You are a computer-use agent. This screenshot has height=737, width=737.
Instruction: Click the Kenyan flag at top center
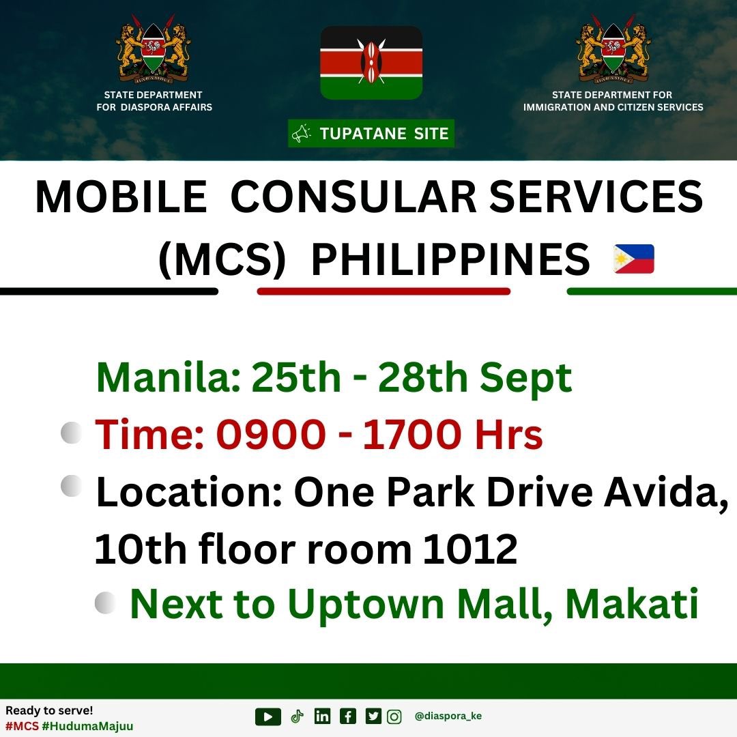point(371,63)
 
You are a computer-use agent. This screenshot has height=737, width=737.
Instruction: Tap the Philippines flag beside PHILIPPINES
point(633,259)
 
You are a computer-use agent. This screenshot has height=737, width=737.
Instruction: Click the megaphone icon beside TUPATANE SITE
point(301,134)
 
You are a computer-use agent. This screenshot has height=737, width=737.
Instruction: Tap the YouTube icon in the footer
point(268,717)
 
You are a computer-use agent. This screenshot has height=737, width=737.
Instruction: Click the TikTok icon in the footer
point(296,717)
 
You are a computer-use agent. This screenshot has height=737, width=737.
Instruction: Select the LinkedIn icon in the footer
point(322,717)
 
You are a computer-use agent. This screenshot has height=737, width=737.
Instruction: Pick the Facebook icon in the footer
point(348,717)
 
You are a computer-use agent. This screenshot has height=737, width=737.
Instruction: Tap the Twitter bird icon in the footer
point(373,717)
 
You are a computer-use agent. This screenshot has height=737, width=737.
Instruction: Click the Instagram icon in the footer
point(394,717)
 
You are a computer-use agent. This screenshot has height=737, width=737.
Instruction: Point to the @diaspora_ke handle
point(448,717)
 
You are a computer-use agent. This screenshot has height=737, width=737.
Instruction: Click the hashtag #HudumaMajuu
point(87,725)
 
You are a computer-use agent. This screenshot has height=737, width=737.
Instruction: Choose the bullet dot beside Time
point(71,433)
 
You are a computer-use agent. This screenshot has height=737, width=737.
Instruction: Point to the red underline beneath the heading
point(384,291)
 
